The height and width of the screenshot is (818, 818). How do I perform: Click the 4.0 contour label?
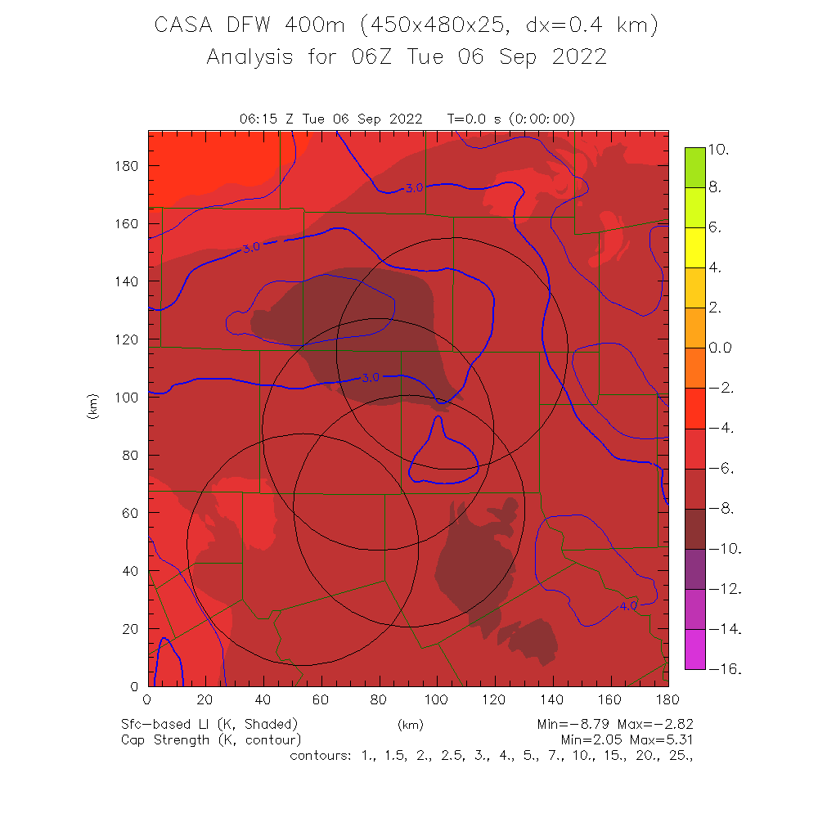pyautogui.click(x=628, y=606)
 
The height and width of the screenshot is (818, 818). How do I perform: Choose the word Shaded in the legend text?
pyautogui.click(x=269, y=725)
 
